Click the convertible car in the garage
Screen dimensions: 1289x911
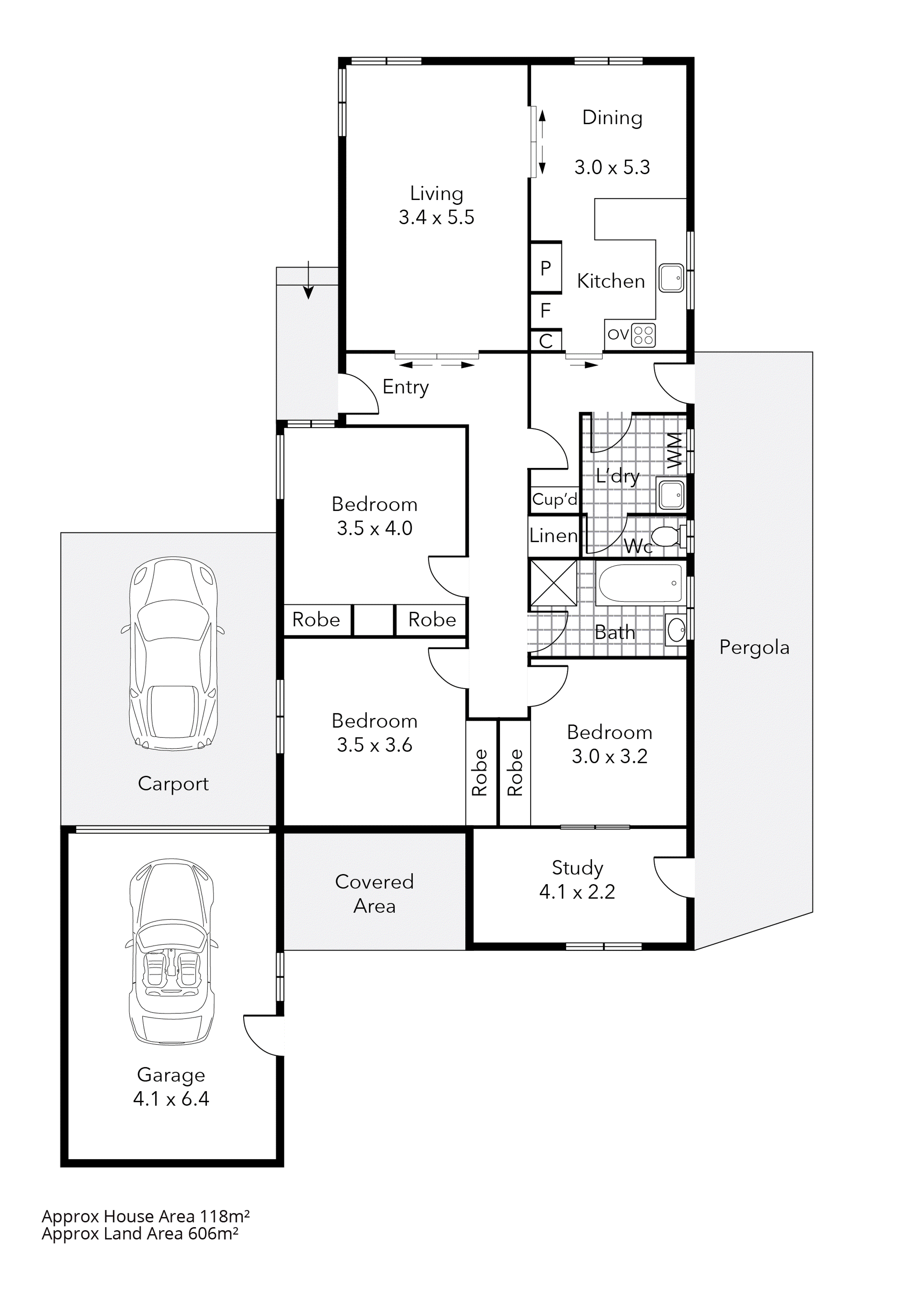click(172, 952)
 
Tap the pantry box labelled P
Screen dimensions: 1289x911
click(546, 268)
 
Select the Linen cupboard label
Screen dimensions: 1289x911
click(553, 536)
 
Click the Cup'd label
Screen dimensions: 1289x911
click(554, 499)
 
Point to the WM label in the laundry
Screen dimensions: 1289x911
click(674, 450)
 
